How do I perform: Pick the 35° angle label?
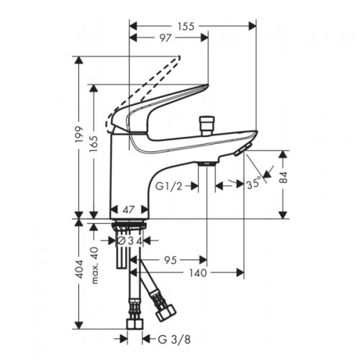click(253, 185)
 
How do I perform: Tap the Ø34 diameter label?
click(130, 239)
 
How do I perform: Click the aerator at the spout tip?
click(242, 148)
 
